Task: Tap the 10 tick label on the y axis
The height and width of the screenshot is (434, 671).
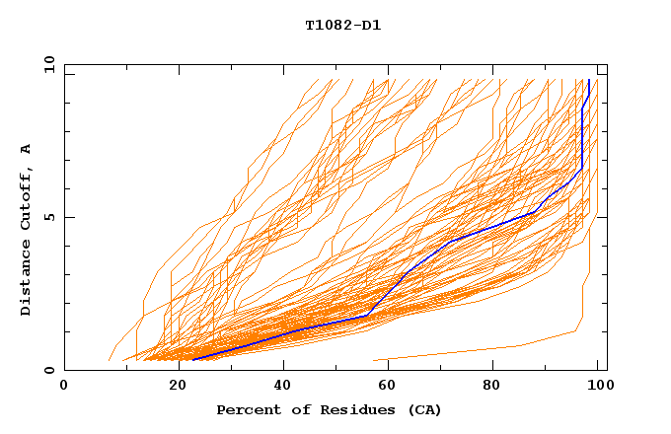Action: point(47,64)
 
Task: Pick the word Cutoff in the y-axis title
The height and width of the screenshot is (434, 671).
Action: point(27,195)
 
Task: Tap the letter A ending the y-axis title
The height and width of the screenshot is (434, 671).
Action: point(27,148)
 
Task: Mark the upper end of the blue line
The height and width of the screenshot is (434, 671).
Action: point(589,80)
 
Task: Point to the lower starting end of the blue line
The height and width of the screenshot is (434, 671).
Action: point(194,359)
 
